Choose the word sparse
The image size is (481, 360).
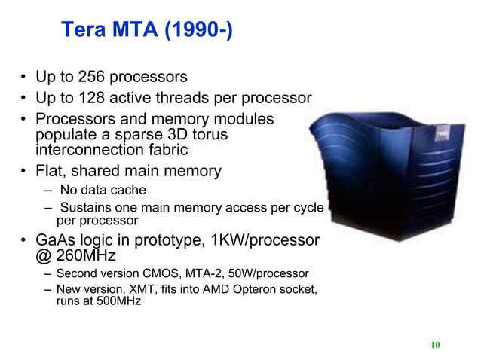[135, 135]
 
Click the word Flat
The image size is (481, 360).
[53, 171]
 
